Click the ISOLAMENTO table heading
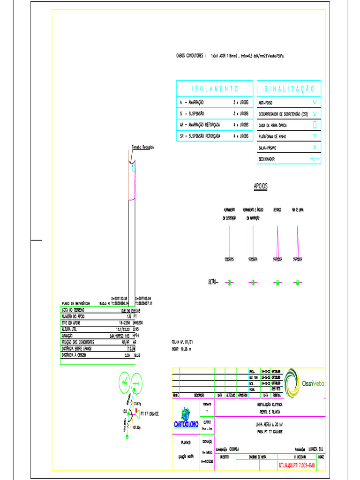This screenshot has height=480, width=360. pyautogui.click(x=215, y=89)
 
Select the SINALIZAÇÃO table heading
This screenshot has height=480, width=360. pyautogui.click(x=289, y=89)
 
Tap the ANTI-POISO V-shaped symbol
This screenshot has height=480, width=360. pyautogui.click(x=315, y=102)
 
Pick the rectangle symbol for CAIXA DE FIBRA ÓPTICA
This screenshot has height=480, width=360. pyautogui.click(x=315, y=125)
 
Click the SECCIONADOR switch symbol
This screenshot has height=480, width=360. pyautogui.click(x=315, y=159)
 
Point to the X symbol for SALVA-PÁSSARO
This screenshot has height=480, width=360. pyautogui.click(x=315, y=148)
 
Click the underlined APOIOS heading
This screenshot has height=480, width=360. pyautogui.click(x=261, y=187)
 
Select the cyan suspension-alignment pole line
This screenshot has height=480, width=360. pyautogui.click(x=229, y=241)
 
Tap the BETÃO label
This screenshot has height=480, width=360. pyautogui.click(x=213, y=282)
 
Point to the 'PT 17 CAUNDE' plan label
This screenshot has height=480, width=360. pyautogui.click(x=150, y=414)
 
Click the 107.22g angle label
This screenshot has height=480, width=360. pyautogui.click(x=137, y=427)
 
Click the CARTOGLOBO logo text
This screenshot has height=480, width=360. pyautogui.click(x=186, y=424)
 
